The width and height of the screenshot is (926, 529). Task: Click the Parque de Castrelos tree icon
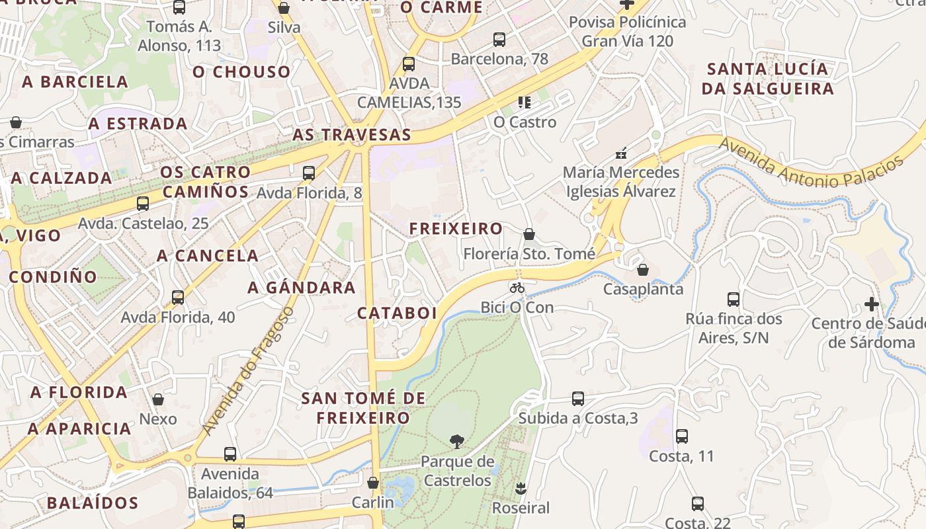[x=456, y=441]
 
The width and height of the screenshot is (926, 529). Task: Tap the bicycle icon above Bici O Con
[x=517, y=288]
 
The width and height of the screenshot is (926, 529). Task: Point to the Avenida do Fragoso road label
[x=247, y=371]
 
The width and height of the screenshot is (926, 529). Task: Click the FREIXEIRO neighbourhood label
[x=456, y=229]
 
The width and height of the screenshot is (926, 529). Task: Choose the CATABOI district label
[x=397, y=313]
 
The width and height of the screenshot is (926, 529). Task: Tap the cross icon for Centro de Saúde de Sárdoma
[x=872, y=304]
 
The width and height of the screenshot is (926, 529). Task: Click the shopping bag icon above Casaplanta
[x=642, y=270]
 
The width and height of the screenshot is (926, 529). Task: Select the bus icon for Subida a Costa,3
[x=577, y=399]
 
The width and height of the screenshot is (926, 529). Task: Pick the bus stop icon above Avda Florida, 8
[x=309, y=173]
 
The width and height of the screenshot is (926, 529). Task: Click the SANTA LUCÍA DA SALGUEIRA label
[x=767, y=79]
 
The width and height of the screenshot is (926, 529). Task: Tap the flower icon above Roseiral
[x=520, y=489]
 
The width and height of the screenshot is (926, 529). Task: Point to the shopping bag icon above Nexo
[x=158, y=399]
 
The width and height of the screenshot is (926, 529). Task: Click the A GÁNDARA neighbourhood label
[x=302, y=288]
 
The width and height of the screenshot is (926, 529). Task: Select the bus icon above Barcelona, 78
[x=499, y=40]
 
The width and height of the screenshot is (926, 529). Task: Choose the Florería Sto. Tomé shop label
[x=529, y=254]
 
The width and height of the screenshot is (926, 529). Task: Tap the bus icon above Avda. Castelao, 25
[x=143, y=204]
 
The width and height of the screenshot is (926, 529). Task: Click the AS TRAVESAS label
[x=352, y=135]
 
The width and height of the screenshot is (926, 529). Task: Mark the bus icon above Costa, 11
[x=682, y=436]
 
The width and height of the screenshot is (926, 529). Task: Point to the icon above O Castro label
[x=525, y=102]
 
